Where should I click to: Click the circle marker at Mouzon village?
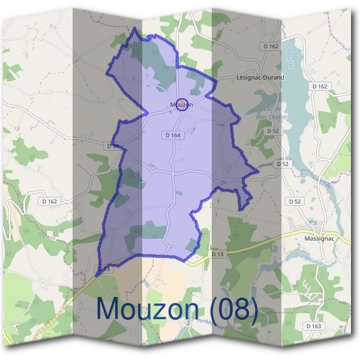[x=184, y=103]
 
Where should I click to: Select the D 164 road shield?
[x=172, y=136]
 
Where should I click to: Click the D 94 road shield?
[x=112, y=146]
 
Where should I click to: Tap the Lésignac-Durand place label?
[x=260, y=77]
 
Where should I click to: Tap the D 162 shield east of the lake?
[x=320, y=86]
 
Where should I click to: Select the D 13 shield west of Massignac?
[x=217, y=254]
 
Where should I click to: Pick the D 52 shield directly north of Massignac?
[x=295, y=202]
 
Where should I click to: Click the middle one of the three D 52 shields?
[x=283, y=164]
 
